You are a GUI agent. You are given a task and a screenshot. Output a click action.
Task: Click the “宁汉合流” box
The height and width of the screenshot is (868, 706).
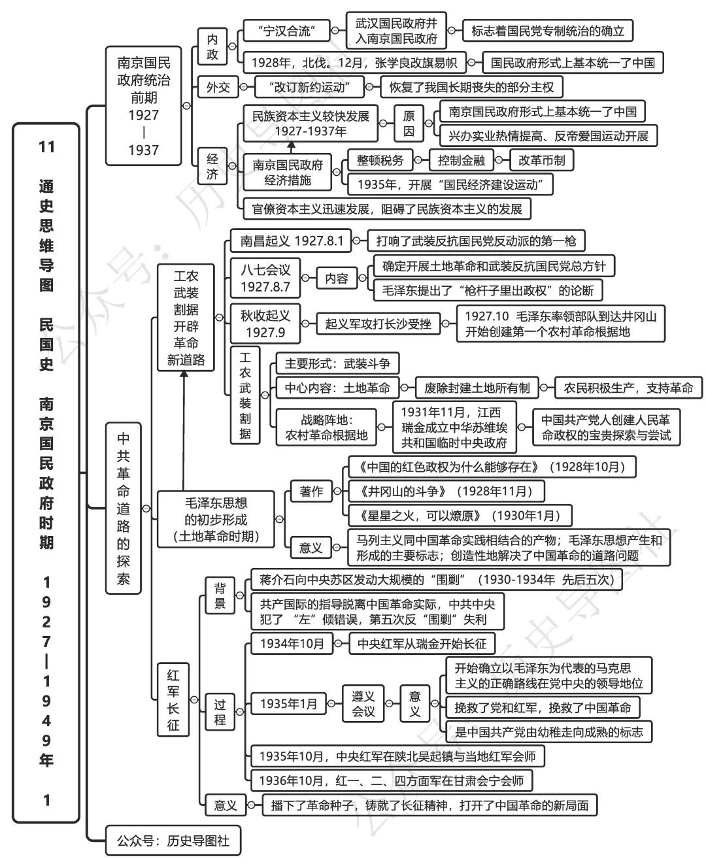(x=286, y=31)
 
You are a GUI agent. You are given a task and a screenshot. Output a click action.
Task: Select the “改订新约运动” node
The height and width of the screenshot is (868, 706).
(x=310, y=86)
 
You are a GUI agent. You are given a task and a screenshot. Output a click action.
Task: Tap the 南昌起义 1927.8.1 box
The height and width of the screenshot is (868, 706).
(x=291, y=241)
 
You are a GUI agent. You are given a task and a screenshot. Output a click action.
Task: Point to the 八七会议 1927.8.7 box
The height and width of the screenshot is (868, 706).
(x=265, y=278)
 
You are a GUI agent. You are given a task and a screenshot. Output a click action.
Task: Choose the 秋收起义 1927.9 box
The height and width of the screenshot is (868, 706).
(x=265, y=324)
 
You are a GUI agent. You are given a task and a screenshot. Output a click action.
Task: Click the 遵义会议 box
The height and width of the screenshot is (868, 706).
(x=363, y=703)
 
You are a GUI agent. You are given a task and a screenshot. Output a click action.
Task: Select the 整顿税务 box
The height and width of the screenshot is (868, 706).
(x=380, y=160)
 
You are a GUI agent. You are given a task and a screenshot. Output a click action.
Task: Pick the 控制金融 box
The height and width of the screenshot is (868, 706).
(x=461, y=160)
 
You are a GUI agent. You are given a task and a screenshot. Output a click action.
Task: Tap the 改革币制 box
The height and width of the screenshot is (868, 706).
(x=541, y=160)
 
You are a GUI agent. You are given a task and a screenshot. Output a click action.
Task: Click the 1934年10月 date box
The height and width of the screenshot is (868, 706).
(x=292, y=644)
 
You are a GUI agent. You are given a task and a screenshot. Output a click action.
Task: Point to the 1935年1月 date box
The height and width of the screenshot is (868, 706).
(x=288, y=703)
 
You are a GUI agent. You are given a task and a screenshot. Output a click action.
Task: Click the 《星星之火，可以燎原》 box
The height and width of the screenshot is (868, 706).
(x=460, y=515)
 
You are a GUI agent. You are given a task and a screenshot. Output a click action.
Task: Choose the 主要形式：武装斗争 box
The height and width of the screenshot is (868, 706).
(x=337, y=363)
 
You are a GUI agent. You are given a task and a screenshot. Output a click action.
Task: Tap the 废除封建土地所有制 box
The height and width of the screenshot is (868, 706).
(x=477, y=388)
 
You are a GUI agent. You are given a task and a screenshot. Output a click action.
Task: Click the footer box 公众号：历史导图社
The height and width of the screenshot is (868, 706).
(x=173, y=841)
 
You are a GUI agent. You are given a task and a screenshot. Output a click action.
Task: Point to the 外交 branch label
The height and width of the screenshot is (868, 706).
(x=218, y=86)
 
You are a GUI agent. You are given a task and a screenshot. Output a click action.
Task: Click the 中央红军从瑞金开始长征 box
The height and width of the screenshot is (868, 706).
(x=422, y=644)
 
